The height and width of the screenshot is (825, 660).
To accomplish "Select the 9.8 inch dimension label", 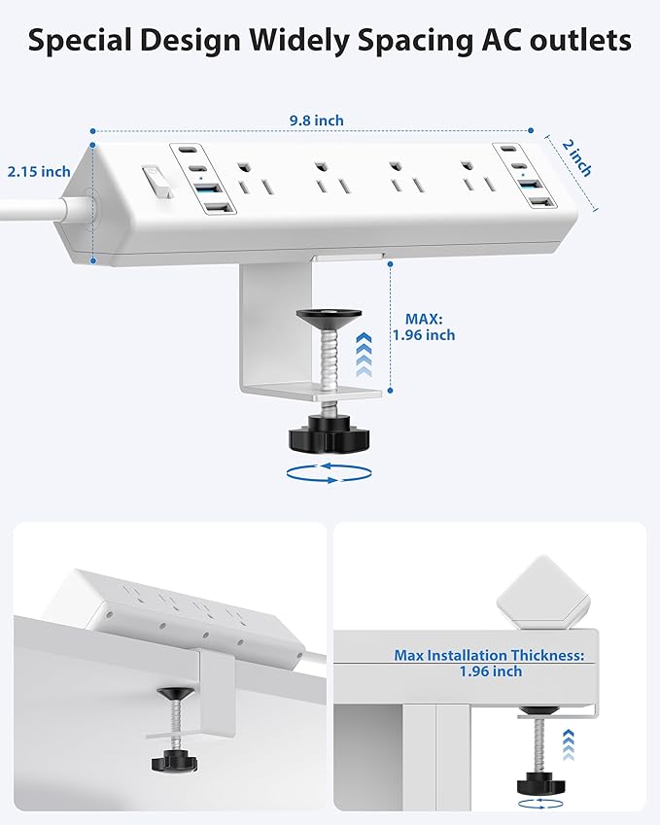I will (x=316, y=120).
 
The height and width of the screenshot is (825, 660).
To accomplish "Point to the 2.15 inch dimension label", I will (x=39, y=171).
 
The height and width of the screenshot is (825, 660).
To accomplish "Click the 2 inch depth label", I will (x=576, y=156).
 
